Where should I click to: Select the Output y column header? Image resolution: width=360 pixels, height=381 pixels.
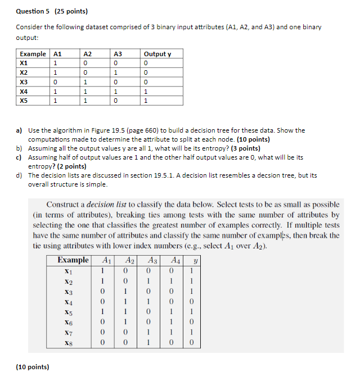click(157, 54)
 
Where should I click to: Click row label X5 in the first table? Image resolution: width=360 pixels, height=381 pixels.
click(24, 101)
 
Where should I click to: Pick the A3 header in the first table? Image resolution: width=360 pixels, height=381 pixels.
click(118, 54)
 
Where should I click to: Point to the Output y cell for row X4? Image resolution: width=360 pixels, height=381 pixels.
click(146, 92)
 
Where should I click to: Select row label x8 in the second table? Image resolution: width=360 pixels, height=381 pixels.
click(69, 342)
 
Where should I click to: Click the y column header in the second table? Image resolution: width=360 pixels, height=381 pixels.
click(194, 260)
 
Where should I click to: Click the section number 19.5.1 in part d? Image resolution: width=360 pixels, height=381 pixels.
click(164, 175)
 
